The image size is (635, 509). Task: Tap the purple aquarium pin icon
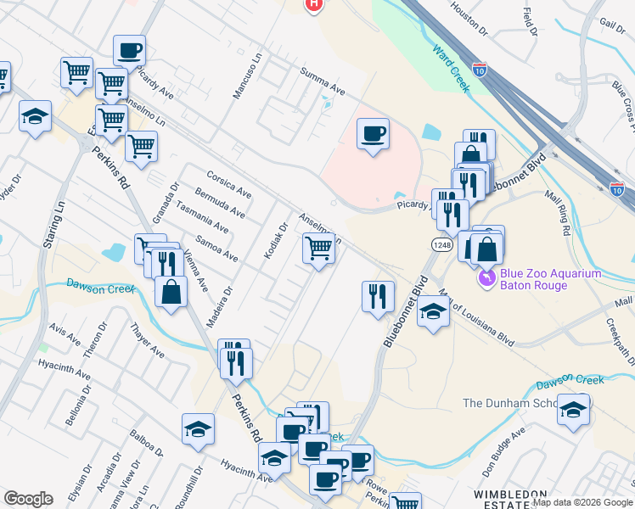coord(486,277)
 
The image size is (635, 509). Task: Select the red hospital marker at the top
coord(314,4)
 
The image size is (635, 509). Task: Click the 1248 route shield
coord(441,244)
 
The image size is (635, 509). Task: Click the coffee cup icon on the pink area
coord(373,134)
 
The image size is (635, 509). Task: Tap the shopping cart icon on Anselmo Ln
coord(318,249)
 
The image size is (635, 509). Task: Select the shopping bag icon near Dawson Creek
coord(171,292)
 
